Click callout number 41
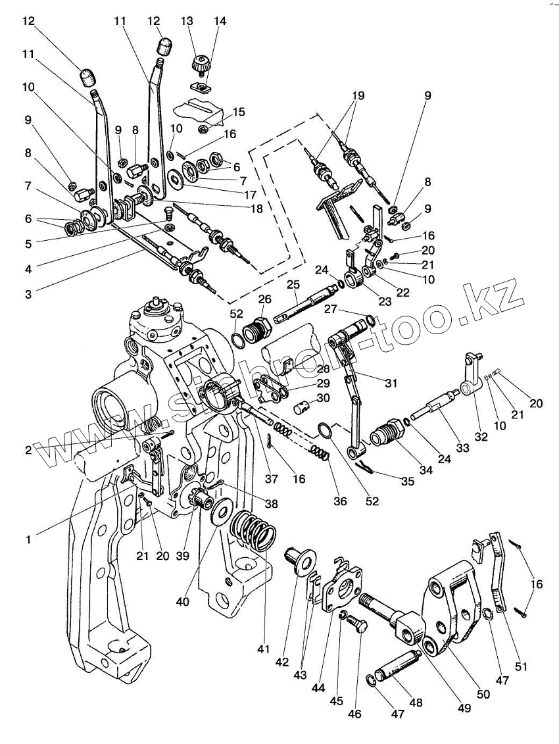(x=264, y=650)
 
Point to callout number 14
(x=220, y=21)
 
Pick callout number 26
(x=265, y=299)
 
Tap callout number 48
(x=416, y=703)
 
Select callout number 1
(x=28, y=540)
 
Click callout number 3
(x=28, y=295)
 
